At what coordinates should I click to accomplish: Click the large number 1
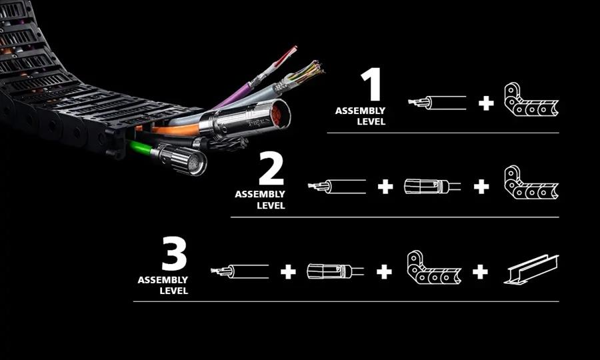(x=371, y=85)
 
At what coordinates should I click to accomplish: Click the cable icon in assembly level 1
(x=437, y=103)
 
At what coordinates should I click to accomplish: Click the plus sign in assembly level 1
(x=486, y=103)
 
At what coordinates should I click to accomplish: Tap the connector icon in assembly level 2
(x=431, y=187)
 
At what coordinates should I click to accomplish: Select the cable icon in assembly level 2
(x=337, y=186)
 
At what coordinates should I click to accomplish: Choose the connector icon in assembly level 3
(x=335, y=271)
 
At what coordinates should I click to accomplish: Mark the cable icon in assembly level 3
(x=240, y=271)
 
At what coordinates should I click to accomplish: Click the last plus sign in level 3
(x=480, y=272)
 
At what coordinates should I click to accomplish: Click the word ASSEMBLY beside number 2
(x=260, y=195)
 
